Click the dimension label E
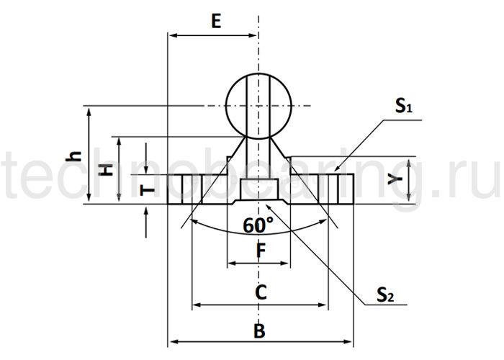coord(215,20)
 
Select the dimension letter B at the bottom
coord(260,331)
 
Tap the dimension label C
coord(261,292)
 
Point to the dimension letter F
coord(261,251)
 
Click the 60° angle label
coord(258,225)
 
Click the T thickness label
coord(147,189)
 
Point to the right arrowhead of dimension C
coord(324,305)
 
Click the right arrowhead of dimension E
coord(254,34)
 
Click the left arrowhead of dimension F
coord(231,264)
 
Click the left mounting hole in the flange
coord(186,189)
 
